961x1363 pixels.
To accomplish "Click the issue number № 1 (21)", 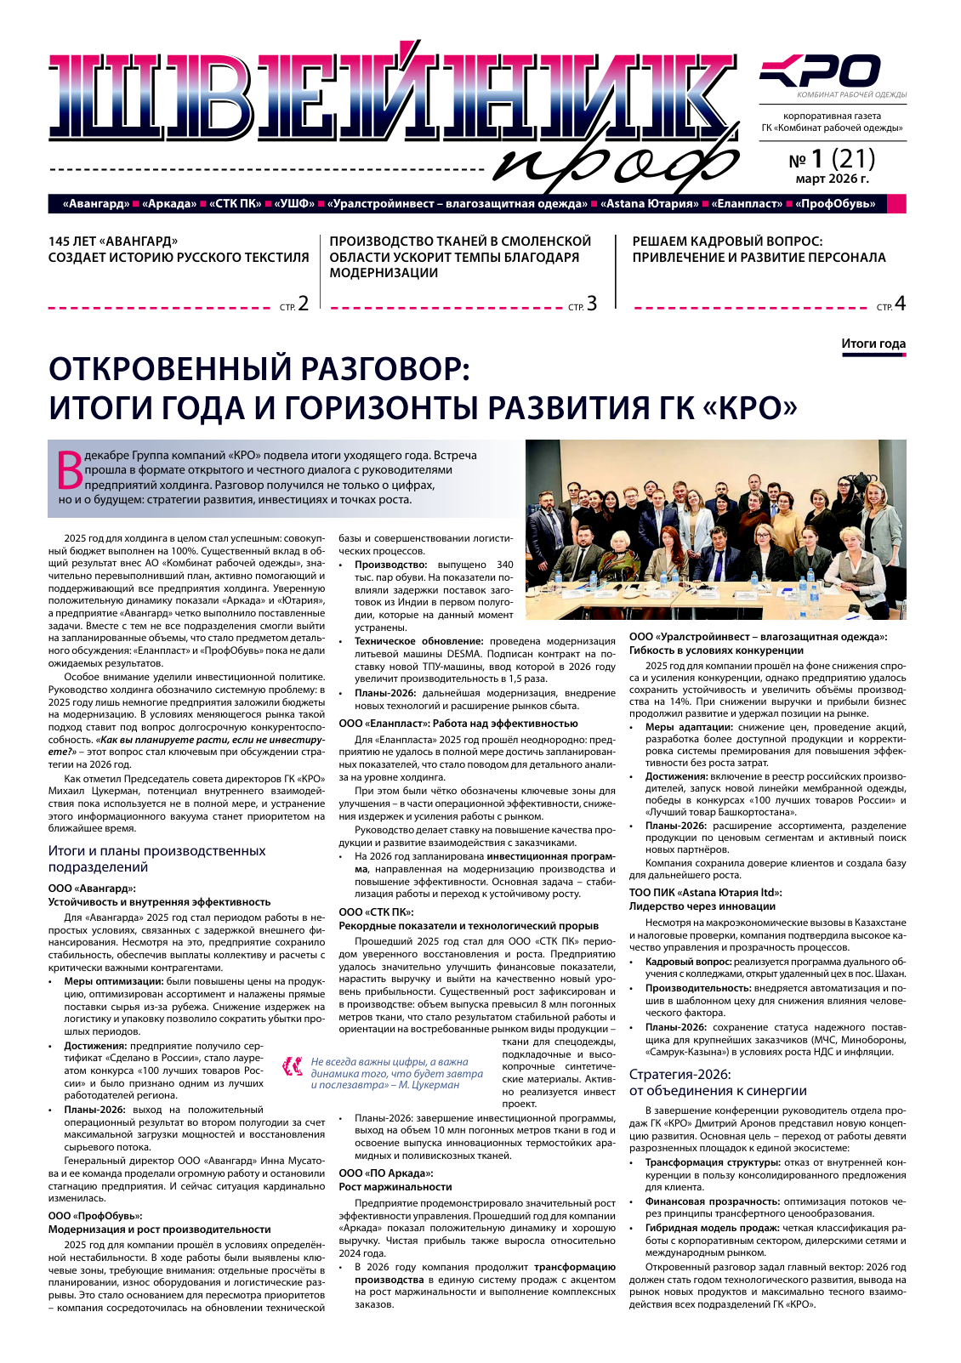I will [832, 159].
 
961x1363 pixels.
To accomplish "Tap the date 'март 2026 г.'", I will [832, 179].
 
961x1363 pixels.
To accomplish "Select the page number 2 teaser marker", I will [303, 304].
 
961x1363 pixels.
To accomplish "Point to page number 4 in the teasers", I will [900, 304].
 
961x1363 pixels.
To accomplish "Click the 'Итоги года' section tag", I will [873, 344].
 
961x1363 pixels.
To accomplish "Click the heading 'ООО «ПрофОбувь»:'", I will [95, 1216].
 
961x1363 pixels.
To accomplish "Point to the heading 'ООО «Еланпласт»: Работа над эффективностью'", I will [458, 724].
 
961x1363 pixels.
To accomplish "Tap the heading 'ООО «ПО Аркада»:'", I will [385, 1173].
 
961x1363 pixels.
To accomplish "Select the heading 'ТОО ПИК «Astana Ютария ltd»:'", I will [705, 893].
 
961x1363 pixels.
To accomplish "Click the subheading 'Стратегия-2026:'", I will [680, 1074].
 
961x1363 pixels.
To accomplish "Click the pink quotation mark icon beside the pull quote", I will [293, 1066].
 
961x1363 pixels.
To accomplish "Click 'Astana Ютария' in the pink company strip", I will [650, 204].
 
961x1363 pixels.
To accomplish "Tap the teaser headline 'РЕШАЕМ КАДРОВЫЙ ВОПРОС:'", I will [727, 241].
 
